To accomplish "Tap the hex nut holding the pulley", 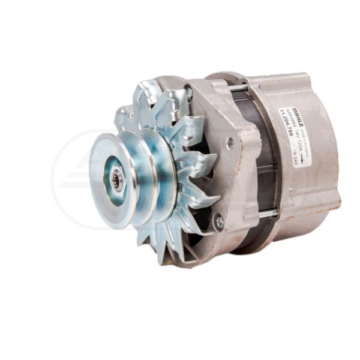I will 117,181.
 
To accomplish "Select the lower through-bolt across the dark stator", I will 267,212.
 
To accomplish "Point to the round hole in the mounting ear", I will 230,142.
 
